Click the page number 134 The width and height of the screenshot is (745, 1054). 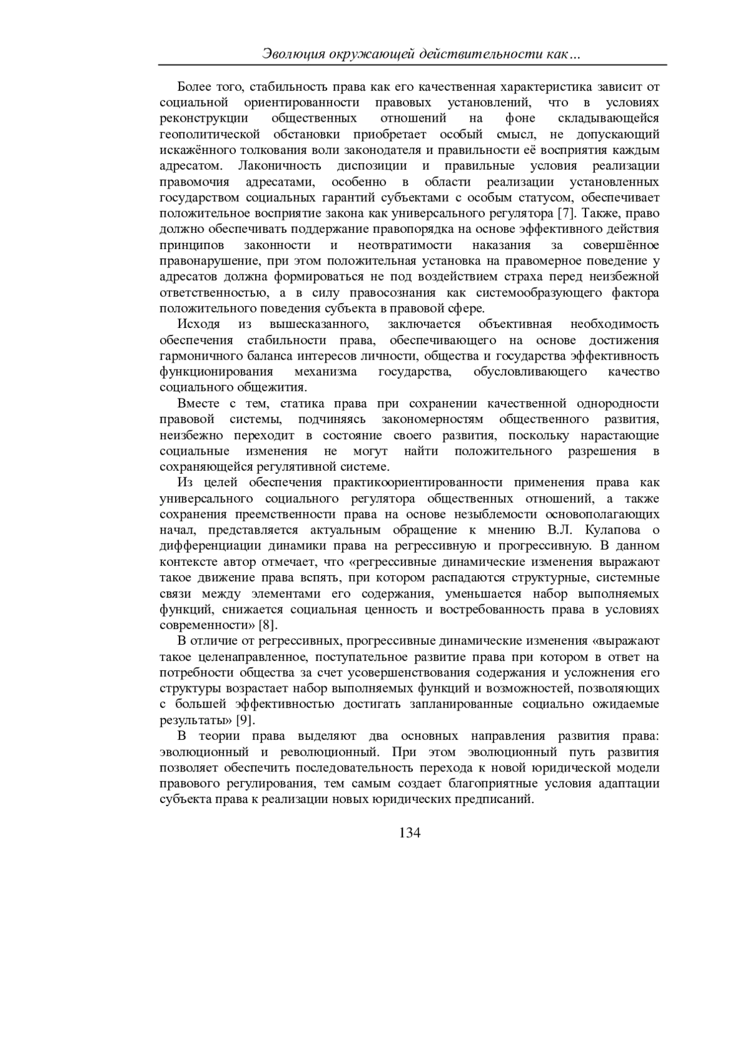click(x=410, y=833)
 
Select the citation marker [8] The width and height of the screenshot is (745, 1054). click(x=268, y=625)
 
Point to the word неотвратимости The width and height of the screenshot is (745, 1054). click(x=405, y=245)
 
